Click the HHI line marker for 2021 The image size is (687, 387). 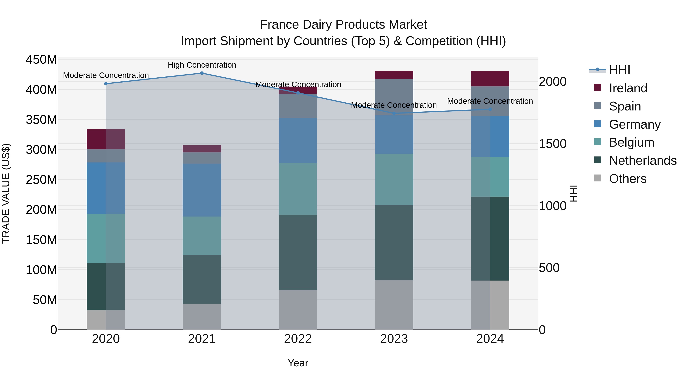(x=202, y=73)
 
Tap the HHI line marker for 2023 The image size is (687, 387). (x=394, y=114)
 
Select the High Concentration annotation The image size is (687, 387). (x=202, y=65)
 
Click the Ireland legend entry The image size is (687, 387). (x=628, y=88)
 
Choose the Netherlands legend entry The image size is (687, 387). (x=643, y=161)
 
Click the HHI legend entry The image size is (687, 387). (x=619, y=70)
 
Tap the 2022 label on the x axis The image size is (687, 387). (x=298, y=339)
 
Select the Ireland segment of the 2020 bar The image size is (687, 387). (x=106, y=139)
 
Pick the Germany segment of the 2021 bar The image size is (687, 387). (x=202, y=190)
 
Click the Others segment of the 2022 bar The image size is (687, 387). (x=298, y=310)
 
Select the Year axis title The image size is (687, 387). (x=298, y=363)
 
